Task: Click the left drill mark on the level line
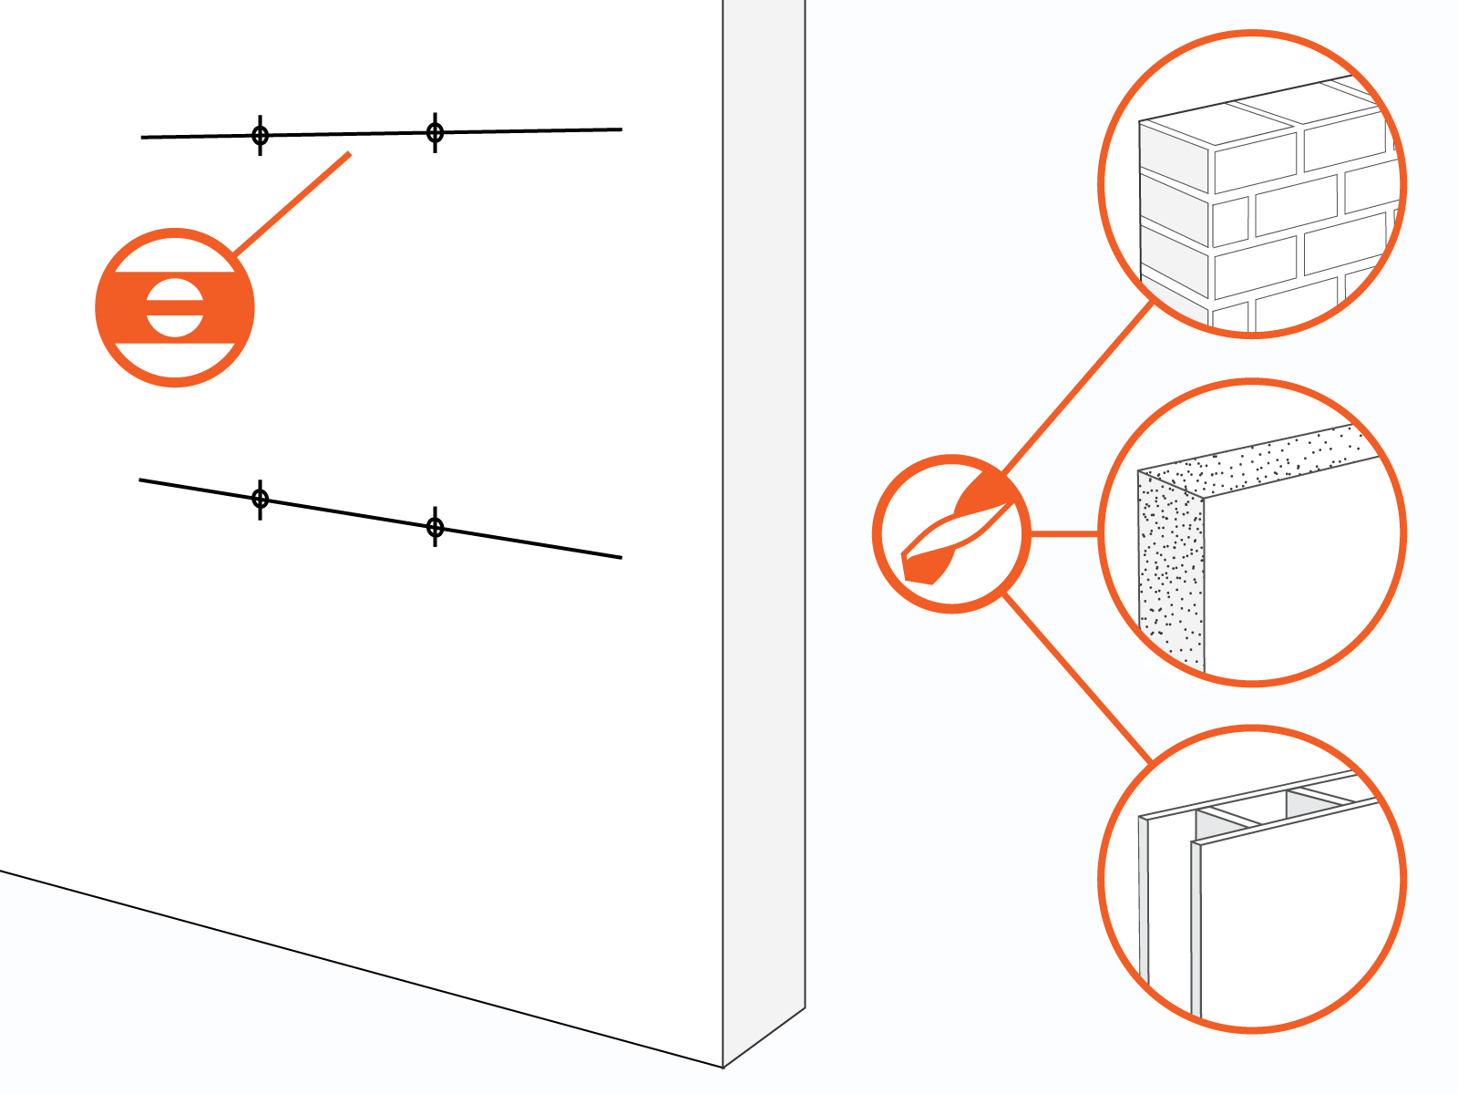pos(261,136)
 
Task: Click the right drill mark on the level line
pos(436,133)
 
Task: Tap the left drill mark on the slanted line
pos(261,499)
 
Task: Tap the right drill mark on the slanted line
pos(436,527)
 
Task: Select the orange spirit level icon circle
pos(175,307)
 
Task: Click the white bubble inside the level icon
pos(175,307)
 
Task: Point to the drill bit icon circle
pos(951,534)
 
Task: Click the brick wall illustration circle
pos(1252,184)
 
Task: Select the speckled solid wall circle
pos(1252,532)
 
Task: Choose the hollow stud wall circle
pos(1252,879)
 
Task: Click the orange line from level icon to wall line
pos(292,203)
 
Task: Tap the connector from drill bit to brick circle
pos(1077,388)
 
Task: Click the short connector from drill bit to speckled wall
pos(1064,534)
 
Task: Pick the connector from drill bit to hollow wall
pos(1077,678)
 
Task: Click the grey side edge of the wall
pos(764,511)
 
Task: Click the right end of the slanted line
pos(621,557)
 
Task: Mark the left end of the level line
pos(143,138)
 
